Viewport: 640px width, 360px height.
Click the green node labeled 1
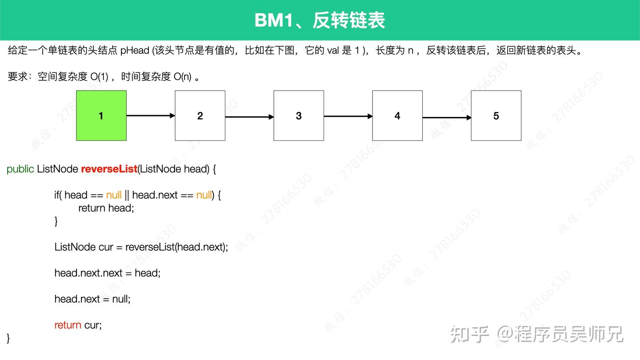(x=101, y=116)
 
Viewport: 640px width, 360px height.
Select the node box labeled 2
(x=200, y=116)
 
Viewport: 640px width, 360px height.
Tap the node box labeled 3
(x=299, y=116)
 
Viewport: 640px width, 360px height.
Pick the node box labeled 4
(x=397, y=116)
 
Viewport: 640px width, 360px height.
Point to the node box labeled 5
(x=496, y=116)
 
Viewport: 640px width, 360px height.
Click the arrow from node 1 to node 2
(x=151, y=116)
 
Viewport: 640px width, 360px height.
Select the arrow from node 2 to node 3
(x=249, y=116)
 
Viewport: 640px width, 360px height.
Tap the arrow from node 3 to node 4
(x=348, y=116)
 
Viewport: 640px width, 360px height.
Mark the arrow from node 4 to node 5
(x=447, y=117)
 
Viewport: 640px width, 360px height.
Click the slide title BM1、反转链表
(x=320, y=20)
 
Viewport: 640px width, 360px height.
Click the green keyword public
(x=20, y=169)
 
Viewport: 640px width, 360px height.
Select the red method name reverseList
(x=109, y=169)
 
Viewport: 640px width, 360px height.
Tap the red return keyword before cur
(x=68, y=325)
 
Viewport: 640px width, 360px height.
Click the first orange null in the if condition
(x=114, y=195)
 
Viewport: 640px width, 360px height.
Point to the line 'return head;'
(x=106, y=208)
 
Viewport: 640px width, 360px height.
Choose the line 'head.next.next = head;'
(x=108, y=273)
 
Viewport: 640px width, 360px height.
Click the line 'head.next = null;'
(x=92, y=299)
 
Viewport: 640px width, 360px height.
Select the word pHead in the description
(x=135, y=51)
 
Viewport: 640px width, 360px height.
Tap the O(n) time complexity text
(x=183, y=76)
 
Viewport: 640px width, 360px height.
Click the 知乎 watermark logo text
(x=469, y=334)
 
